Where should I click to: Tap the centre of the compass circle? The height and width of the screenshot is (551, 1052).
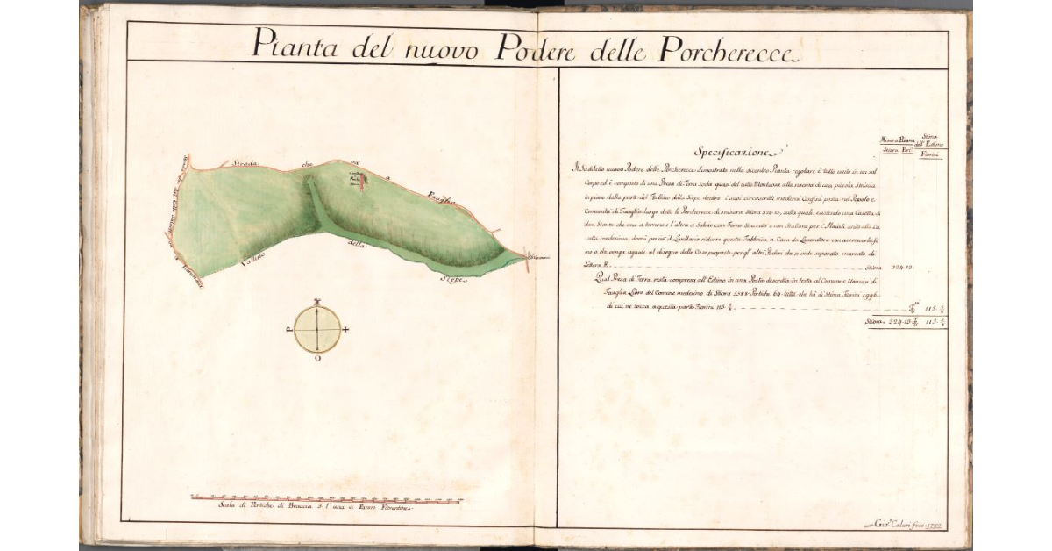click(317, 329)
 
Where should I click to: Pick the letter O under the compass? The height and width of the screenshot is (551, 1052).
click(317, 359)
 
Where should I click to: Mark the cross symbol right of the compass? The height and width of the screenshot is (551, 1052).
click(347, 330)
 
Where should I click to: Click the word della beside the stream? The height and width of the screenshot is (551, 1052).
click(354, 243)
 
